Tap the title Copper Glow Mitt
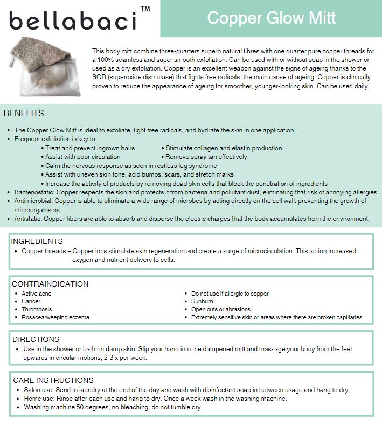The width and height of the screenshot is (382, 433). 271,18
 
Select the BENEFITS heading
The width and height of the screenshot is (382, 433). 24,114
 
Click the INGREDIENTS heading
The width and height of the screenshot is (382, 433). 37,241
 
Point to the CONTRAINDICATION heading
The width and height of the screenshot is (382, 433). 50,284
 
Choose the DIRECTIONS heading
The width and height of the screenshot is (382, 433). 36,339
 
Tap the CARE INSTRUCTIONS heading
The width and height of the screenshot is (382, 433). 53,380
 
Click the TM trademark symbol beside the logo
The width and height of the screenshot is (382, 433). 145,9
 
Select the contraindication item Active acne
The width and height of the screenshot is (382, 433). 37,294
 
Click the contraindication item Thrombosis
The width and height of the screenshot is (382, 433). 37,310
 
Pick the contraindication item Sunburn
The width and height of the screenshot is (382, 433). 203,302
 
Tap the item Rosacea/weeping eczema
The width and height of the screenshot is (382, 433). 55,317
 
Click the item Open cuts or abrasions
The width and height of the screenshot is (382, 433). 221,310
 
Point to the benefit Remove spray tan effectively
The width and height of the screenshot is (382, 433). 206,157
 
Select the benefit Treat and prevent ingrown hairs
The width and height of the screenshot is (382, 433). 90,148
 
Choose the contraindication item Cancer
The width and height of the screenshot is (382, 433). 31,302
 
